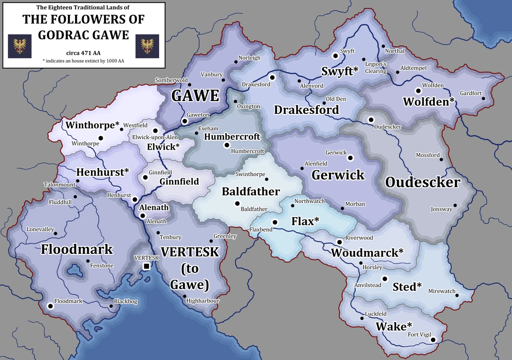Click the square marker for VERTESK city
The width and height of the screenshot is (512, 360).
click(x=146, y=267)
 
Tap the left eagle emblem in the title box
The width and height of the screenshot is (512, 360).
click(x=18, y=46)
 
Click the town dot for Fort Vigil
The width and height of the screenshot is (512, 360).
click(x=433, y=340)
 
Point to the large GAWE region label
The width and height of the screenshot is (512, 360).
click(x=195, y=96)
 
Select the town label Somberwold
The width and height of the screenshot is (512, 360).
click(x=171, y=80)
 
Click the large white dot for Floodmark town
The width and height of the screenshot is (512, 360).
click(x=51, y=306)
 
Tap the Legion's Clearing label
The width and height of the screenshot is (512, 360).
click(x=376, y=68)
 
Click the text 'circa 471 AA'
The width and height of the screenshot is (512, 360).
click(x=83, y=53)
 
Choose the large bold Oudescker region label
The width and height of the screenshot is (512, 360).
click(x=422, y=183)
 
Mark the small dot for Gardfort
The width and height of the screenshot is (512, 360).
click(x=483, y=99)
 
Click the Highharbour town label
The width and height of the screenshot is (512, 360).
click(x=203, y=301)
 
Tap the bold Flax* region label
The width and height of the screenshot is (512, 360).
click(x=305, y=222)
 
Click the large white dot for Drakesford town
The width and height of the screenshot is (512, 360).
click(x=273, y=78)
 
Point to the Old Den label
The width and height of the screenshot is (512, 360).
click(x=336, y=99)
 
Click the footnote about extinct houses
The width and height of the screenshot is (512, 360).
click(x=83, y=61)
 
